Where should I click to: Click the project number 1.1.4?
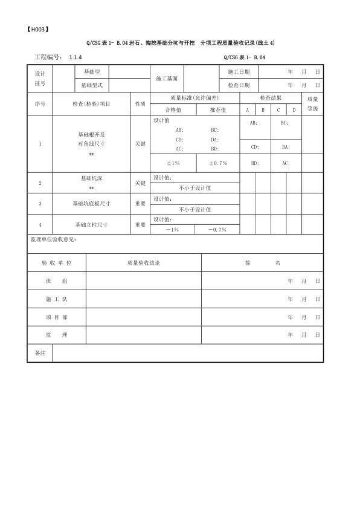(x=76, y=57)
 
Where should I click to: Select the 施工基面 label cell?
(x=167, y=79)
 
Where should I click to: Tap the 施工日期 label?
(x=239, y=72)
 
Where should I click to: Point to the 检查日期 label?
(x=239, y=85)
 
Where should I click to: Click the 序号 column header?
(x=40, y=103)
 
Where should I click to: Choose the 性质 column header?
(x=140, y=103)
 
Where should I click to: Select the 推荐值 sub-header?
(x=217, y=110)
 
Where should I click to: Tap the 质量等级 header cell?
(x=312, y=103)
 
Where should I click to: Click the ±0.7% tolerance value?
(x=217, y=163)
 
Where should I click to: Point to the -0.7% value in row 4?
(x=216, y=230)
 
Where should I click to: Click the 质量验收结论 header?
(x=144, y=263)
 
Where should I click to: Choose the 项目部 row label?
(x=57, y=317)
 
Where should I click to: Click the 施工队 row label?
(x=57, y=299)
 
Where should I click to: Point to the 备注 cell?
(x=40, y=352)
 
